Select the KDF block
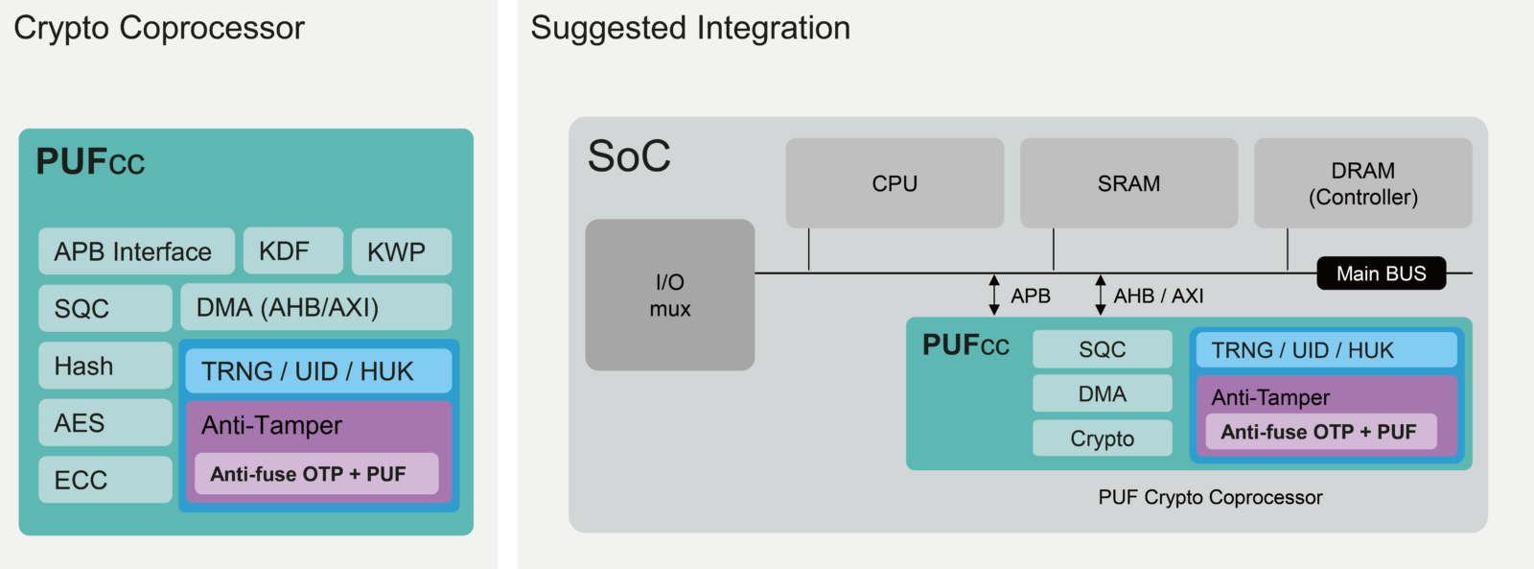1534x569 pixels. pyautogui.click(x=292, y=250)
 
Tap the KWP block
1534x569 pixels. pyautogui.click(x=401, y=251)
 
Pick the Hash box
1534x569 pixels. pyautogui.click(x=105, y=366)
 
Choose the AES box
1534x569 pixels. pyautogui.click(x=105, y=423)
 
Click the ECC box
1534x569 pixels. pyautogui.click(x=105, y=480)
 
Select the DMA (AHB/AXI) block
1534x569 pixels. pyautogui.click(x=315, y=307)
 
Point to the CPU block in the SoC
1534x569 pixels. pyautogui.click(x=895, y=183)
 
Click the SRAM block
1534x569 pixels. pyautogui.click(x=1128, y=183)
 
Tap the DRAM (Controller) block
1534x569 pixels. pyautogui.click(x=1362, y=183)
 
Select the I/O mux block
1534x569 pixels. pyautogui.click(x=669, y=295)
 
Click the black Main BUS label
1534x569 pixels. pyautogui.click(x=1381, y=273)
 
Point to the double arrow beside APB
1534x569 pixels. pyautogui.click(x=994, y=296)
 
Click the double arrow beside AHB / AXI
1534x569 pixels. pyautogui.click(x=1101, y=296)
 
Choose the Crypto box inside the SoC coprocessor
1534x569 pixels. pyautogui.click(x=1102, y=439)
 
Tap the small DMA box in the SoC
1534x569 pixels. pyautogui.click(x=1102, y=393)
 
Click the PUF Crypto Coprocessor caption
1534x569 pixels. pyautogui.click(x=1210, y=497)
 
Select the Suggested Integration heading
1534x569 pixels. pyautogui.click(x=690, y=28)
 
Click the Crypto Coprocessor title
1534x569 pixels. pyautogui.click(x=159, y=28)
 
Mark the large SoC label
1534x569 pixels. pyautogui.click(x=629, y=156)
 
